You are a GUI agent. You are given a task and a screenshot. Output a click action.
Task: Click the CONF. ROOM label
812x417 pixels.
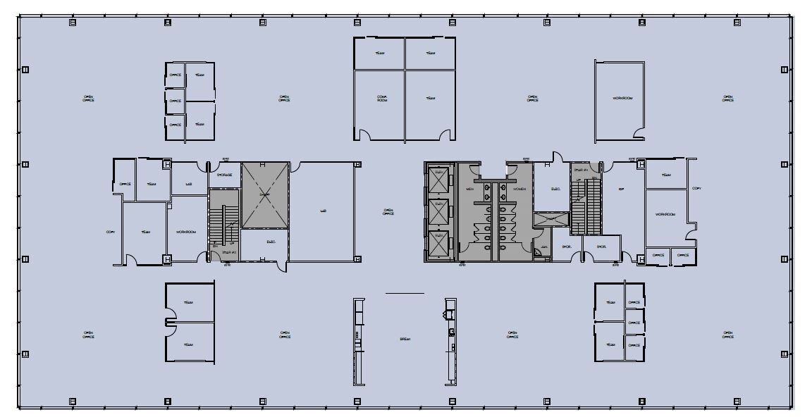[382, 99]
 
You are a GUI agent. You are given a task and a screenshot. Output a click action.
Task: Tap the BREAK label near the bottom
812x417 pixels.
[405, 339]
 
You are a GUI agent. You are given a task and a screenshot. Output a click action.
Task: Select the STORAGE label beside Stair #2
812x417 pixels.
[224, 175]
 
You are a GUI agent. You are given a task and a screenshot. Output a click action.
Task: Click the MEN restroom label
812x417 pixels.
[469, 189]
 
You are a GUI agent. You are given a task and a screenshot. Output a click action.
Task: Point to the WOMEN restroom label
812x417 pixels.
[519, 189]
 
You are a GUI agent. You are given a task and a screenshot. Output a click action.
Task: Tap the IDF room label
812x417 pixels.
[621, 189]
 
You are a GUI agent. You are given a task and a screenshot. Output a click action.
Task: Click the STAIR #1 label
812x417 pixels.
[581, 170]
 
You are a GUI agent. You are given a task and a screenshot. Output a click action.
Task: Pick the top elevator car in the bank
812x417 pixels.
[440, 180]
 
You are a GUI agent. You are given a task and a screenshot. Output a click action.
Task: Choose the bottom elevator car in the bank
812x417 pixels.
[440, 243]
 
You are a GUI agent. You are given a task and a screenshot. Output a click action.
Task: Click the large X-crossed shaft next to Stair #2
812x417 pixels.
[265, 195]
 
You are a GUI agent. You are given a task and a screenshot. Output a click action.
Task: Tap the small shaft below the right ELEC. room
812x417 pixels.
[550, 219]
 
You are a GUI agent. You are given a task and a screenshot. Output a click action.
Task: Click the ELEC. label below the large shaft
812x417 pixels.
[271, 242]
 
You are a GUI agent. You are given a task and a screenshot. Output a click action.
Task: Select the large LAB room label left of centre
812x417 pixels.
[324, 210]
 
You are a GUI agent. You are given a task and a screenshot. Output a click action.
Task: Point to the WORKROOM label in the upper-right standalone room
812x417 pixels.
[622, 98]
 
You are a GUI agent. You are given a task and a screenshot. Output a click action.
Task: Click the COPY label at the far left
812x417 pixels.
[110, 232]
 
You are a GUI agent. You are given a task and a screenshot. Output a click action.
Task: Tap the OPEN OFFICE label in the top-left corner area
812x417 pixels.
[88, 98]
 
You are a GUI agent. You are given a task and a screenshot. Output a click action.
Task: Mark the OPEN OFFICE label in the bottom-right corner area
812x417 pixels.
[728, 335]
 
